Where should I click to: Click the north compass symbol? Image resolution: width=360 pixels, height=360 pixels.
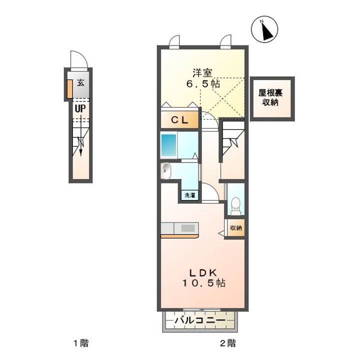[x=264, y=29]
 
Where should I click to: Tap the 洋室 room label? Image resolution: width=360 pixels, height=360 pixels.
[x=202, y=73]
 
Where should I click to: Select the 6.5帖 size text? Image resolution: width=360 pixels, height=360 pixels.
[x=203, y=83]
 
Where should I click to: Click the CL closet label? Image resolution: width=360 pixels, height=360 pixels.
[x=180, y=120]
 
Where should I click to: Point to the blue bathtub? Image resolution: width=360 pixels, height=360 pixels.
[x=169, y=145]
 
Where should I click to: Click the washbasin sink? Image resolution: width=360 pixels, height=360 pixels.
[x=165, y=170]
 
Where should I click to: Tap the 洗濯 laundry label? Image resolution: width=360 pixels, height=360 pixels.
[x=190, y=195]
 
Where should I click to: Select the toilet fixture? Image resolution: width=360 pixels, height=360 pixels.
[x=235, y=205]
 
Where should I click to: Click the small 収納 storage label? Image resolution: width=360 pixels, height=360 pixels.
[x=236, y=228]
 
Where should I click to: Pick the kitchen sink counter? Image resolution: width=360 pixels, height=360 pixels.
[x=179, y=228]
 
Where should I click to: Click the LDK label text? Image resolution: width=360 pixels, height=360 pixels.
[x=203, y=273]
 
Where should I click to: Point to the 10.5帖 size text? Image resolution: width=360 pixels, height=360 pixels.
[x=203, y=283]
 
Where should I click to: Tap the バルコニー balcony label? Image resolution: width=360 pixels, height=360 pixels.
[x=199, y=320]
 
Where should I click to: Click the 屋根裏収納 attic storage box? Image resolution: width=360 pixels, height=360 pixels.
[x=272, y=98]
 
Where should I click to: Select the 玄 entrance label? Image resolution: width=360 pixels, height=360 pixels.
[x=80, y=82]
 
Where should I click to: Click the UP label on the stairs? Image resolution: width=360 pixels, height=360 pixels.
[x=80, y=108]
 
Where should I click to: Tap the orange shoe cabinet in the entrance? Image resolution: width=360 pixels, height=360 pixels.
[x=70, y=88]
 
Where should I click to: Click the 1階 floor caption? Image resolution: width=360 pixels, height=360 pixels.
[x=81, y=343]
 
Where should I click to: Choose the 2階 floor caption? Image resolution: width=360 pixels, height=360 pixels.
[x=228, y=343]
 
